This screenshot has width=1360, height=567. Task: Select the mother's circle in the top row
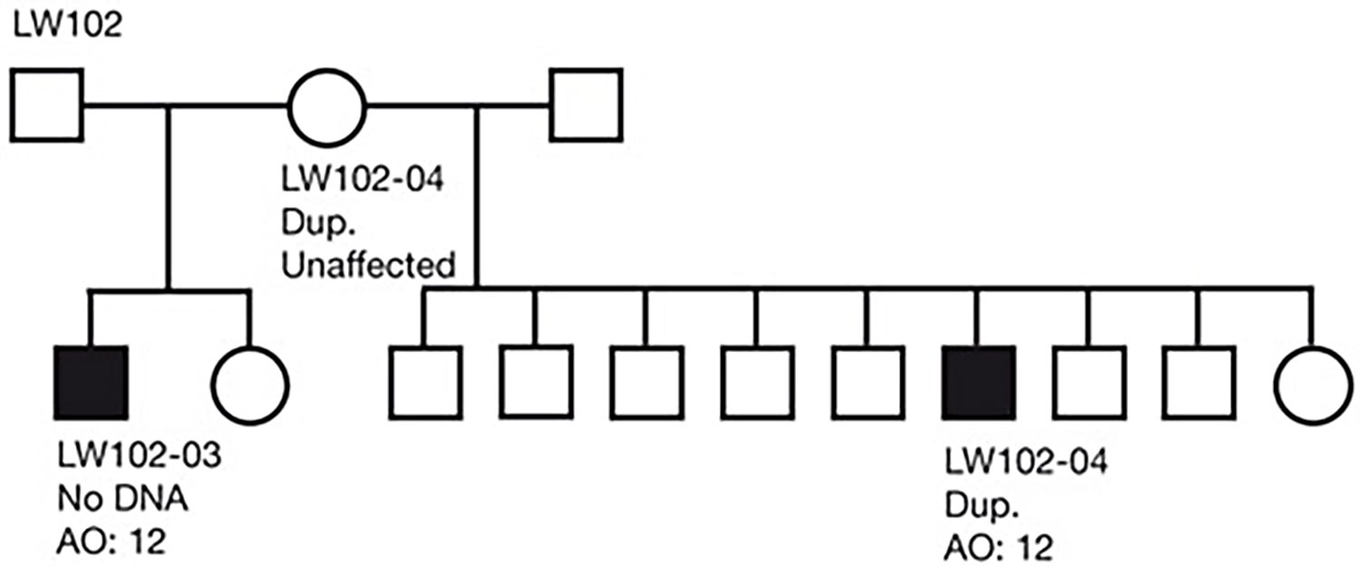point(327,106)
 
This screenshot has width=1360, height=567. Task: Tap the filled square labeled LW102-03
point(90,382)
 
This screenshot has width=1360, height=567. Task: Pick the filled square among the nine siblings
point(979,382)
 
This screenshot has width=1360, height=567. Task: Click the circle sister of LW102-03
point(249,382)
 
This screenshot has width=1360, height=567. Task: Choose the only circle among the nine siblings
point(1311,382)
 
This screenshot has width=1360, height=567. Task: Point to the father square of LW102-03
point(47,106)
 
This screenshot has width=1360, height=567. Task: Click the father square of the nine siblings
point(586,106)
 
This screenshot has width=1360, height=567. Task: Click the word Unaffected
point(367,266)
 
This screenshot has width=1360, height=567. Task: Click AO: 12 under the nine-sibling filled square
point(997,548)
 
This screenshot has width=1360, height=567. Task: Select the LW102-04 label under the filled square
point(1025,464)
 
